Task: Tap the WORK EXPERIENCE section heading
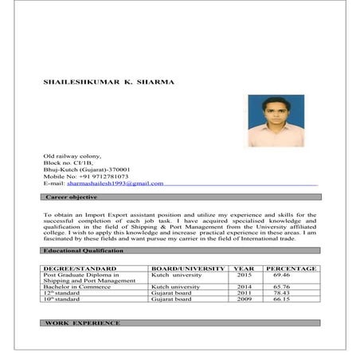pos(83,323)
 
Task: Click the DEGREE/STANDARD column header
pos(80,268)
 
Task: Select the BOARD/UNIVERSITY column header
pos(188,268)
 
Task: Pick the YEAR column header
pos(245,268)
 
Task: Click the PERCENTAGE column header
pos(292,268)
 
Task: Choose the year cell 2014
pos(245,287)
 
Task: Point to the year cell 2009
pos(245,299)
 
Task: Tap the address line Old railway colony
pos(73,155)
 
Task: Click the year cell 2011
pos(245,293)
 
